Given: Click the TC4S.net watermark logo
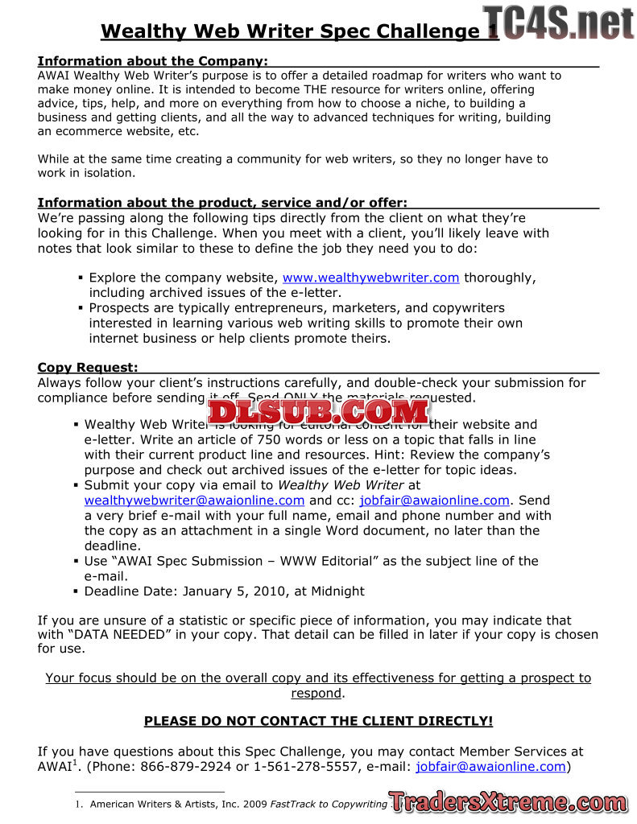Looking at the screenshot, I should pyautogui.click(x=559, y=23).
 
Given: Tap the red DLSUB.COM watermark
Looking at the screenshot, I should pyautogui.click(x=318, y=411).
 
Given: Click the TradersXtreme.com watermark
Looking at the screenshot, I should pyautogui.click(x=507, y=801).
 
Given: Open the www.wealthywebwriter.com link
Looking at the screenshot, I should pyautogui.click(x=370, y=278).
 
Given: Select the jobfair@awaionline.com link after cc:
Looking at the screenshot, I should pyautogui.click(x=434, y=501).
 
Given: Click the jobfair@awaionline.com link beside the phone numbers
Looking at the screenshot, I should pyautogui.click(x=491, y=767).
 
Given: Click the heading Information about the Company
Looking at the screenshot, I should pyautogui.click(x=153, y=61).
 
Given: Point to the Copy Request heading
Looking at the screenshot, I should pyautogui.click(x=88, y=368).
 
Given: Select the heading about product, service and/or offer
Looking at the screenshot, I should pyautogui.click(x=222, y=202).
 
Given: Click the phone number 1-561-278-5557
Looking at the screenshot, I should pyautogui.click(x=305, y=767).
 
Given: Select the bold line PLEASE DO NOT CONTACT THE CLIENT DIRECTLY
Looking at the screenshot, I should pyautogui.click(x=318, y=721).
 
